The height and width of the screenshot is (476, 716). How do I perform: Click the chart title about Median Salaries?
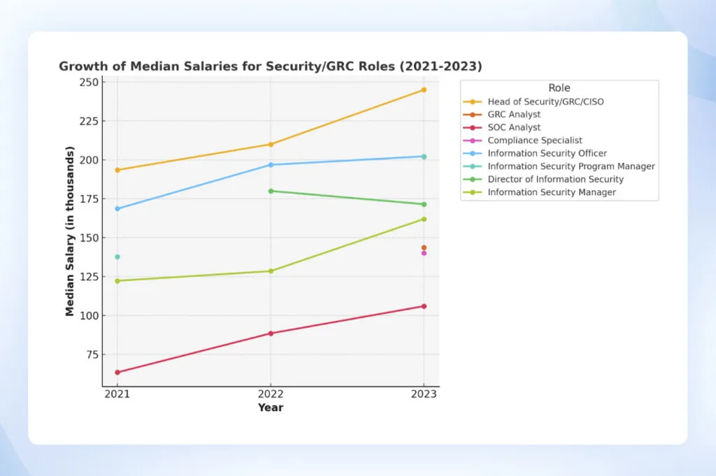[x=271, y=66]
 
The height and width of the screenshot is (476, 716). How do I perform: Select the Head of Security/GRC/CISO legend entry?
[x=545, y=101]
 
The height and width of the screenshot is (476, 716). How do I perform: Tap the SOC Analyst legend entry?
[x=514, y=127]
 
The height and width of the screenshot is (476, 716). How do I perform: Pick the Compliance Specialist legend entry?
[x=535, y=140]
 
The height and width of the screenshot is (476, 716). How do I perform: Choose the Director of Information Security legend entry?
[x=555, y=179]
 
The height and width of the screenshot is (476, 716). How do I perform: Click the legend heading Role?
[x=559, y=88]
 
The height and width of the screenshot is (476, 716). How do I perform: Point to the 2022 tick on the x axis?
[x=271, y=394]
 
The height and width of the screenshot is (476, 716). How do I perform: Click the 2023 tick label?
[x=424, y=394]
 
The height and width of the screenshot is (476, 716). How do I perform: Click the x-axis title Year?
[x=271, y=408]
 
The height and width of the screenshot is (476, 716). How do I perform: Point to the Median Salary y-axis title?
[x=70, y=231]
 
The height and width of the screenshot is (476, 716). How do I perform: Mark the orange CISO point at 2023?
[x=424, y=90]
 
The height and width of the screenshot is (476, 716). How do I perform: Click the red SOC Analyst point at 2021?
[x=117, y=373]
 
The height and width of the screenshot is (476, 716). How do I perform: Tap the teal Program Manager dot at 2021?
[x=117, y=257]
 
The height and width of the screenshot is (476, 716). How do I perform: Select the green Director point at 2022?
[x=271, y=191]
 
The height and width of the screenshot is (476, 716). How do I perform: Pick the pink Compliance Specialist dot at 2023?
[x=424, y=253]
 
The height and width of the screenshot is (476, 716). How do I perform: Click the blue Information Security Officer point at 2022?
[x=271, y=165]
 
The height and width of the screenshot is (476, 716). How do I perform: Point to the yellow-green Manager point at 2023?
[x=424, y=219]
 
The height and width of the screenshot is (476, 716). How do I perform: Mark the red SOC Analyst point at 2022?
[x=271, y=333]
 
